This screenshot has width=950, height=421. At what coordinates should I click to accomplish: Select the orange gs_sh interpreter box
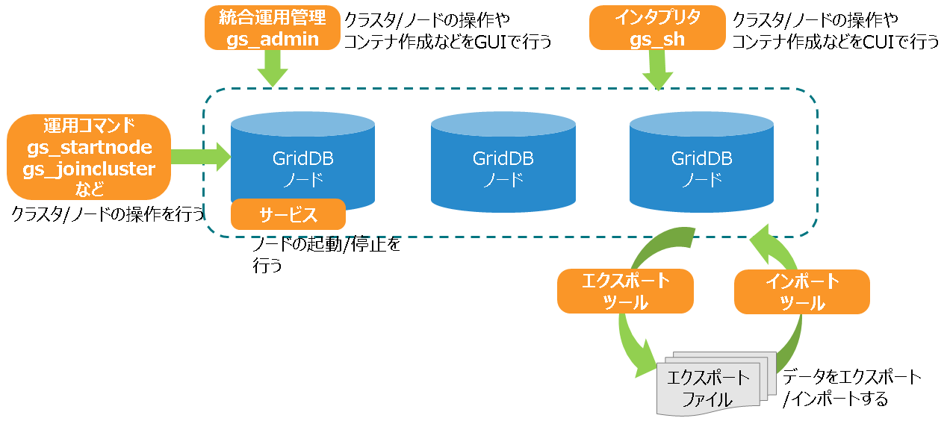click(657, 28)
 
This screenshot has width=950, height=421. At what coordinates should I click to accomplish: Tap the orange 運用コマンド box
click(89, 157)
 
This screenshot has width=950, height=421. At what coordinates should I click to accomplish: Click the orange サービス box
click(288, 215)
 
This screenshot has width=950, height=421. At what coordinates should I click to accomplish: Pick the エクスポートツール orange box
click(625, 291)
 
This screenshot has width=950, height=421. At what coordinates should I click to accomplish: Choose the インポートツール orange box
click(802, 292)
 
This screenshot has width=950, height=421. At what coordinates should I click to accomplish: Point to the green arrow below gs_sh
click(657, 71)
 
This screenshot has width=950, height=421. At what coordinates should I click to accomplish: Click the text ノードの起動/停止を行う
click(326, 255)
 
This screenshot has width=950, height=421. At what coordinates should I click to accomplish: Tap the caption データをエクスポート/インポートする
click(851, 387)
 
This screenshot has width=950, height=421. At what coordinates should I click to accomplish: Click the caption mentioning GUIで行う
click(447, 30)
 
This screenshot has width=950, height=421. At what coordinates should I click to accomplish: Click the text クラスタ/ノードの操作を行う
click(108, 214)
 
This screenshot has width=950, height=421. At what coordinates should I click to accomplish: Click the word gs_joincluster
click(89, 169)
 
